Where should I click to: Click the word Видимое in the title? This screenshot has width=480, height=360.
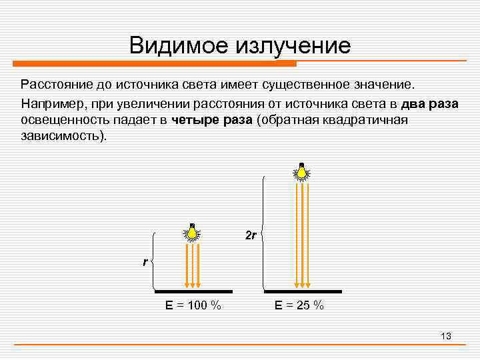point(178,45)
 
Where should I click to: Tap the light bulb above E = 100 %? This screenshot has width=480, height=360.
point(192,233)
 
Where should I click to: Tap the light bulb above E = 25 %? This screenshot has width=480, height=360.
point(302,172)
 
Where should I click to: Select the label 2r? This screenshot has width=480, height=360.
point(251,236)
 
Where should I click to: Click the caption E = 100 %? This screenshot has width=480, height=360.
point(193,305)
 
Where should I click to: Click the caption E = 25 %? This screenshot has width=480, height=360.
point(299,305)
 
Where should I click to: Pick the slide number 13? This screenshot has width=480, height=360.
point(446,336)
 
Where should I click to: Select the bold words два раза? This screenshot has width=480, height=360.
point(429,105)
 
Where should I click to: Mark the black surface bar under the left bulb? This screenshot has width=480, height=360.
point(193,291)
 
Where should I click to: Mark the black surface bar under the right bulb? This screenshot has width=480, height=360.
point(303,291)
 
